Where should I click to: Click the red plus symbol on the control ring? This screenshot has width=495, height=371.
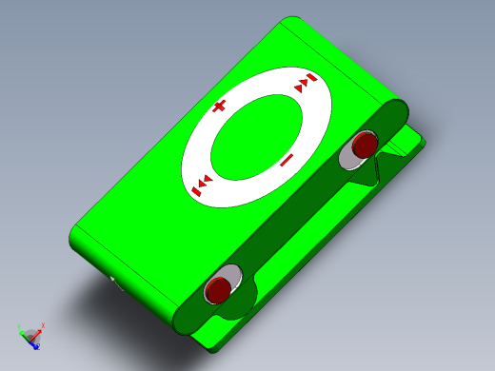219,107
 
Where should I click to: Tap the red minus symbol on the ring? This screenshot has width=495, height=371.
286,160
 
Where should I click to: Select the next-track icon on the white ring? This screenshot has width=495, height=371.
305,83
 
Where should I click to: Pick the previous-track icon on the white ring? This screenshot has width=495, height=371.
202,185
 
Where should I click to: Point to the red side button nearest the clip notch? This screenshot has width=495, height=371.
364,146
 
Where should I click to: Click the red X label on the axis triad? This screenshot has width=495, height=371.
43,326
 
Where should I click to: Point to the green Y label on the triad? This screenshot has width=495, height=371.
20,328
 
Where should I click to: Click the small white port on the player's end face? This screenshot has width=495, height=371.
114,281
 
